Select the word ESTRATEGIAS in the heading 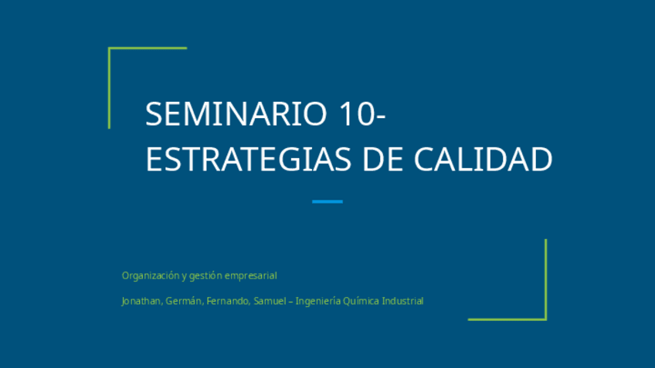(249, 159)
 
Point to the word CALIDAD (483, 159)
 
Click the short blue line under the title (327, 201)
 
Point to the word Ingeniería (318, 301)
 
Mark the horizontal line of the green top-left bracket (148, 48)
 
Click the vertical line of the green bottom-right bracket (545, 279)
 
